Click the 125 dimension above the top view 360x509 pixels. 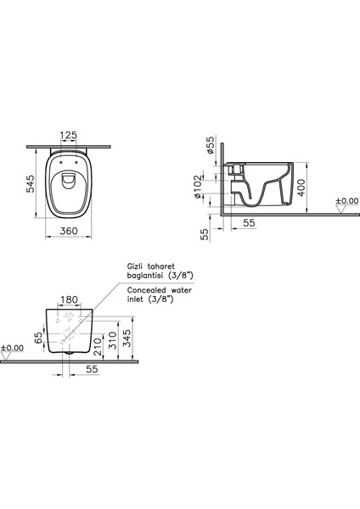69,135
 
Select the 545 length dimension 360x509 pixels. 31,184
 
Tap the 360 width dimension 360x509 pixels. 69,231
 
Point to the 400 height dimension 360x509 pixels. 301,187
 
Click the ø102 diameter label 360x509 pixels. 198,187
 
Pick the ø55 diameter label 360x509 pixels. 211,145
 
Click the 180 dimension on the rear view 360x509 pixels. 70,299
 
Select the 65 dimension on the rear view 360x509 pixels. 38,338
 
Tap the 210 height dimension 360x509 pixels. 98,346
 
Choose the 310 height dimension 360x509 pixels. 112,340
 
